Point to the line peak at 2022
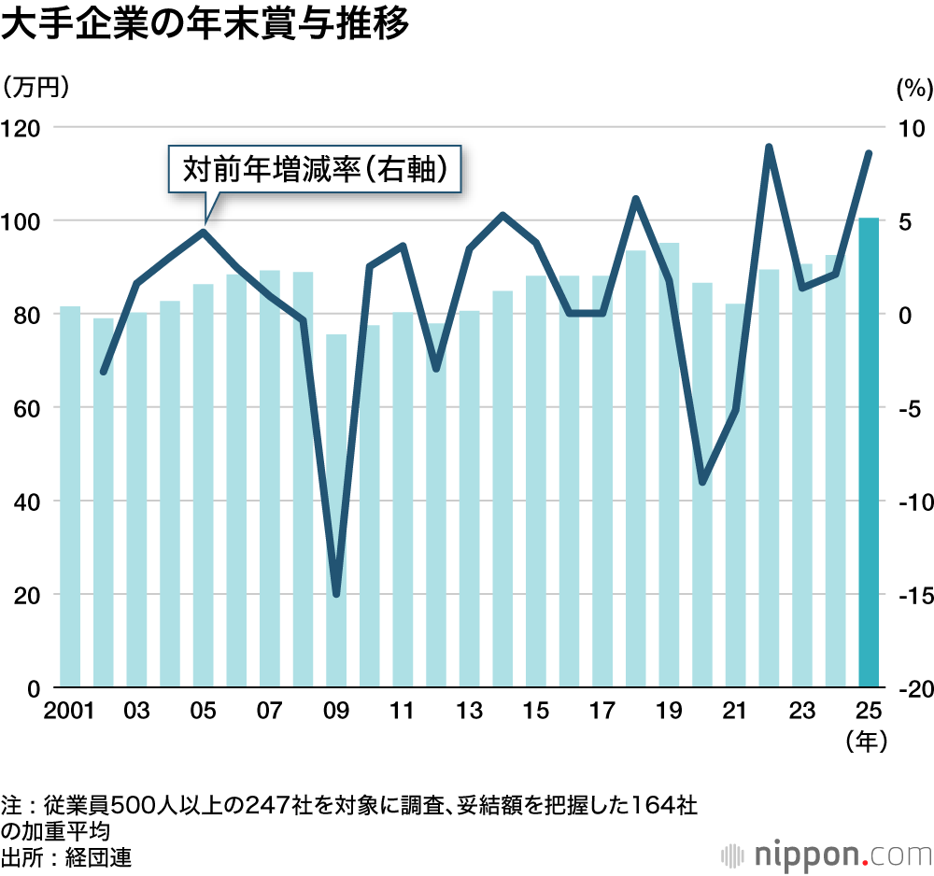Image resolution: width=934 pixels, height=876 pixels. (x=769, y=148)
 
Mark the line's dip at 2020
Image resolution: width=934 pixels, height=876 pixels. (x=702, y=482)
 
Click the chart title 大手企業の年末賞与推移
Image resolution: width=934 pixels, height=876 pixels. (x=205, y=25)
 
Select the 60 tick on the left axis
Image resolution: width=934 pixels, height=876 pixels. (x=28, y=408)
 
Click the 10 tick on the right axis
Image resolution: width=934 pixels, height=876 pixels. (x=910, y=127)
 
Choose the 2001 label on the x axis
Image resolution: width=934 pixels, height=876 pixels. (x=70, y=712)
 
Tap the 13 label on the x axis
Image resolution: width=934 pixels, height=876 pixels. (x=469, y=712)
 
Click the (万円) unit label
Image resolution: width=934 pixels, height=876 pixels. (x=37, y=89)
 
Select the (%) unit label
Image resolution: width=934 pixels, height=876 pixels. (x=914, y=89)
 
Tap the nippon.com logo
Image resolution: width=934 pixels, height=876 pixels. (x=826, y=855)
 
